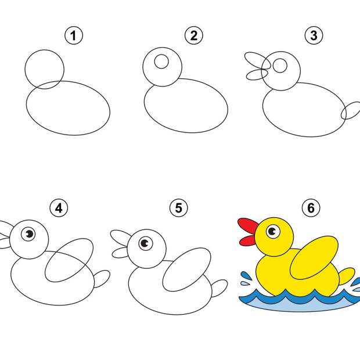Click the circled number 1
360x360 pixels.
point(74,35)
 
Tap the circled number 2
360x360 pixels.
point(194,35)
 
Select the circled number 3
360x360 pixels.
point(314,35)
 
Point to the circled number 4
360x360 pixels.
point(59,208)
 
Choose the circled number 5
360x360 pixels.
point(179,208)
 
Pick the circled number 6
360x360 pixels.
point(311,208)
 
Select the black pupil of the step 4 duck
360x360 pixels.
point(30,234)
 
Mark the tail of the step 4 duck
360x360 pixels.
point(102,279)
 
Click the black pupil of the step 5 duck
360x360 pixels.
point(145,243)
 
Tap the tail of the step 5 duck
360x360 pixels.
point(219,288)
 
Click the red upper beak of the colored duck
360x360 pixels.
point(248,225)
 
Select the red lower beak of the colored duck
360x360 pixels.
point(247,240)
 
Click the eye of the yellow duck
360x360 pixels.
point(273,232)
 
